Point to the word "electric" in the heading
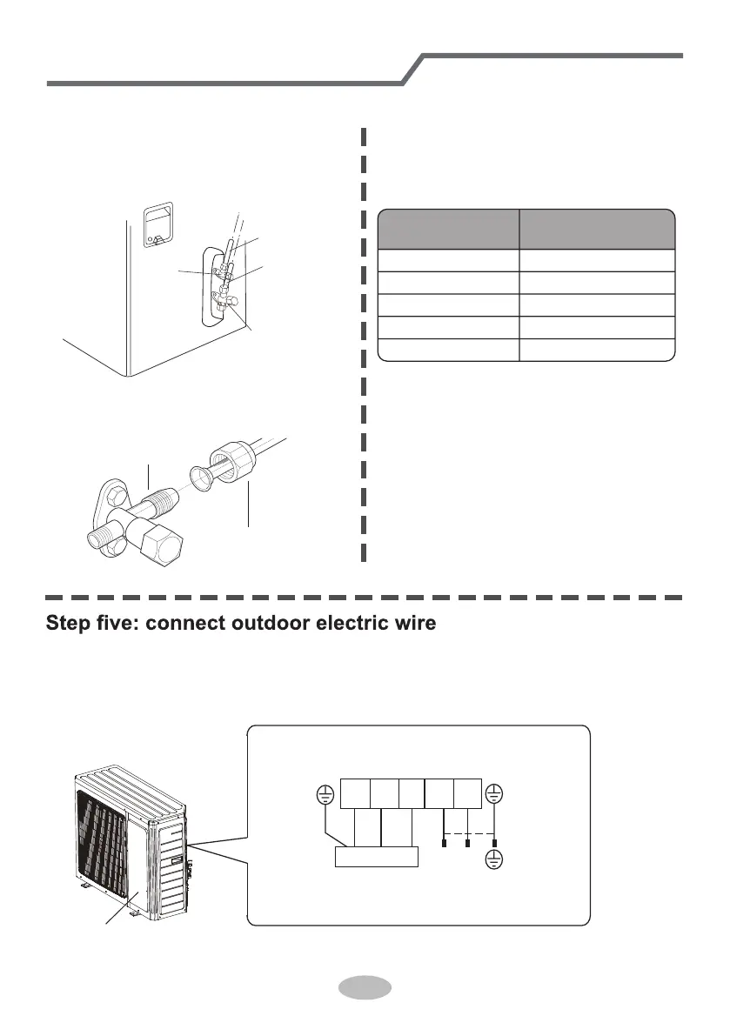356,625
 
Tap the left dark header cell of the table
448,230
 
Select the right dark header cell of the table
598,230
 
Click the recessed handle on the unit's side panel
157,221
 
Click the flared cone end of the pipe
205,479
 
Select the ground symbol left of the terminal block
324,794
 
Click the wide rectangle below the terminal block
377,856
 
